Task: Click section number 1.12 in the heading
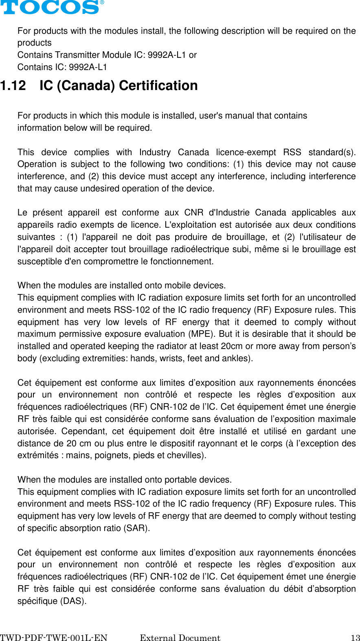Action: point(13,86)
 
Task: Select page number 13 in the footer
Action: point(355,638)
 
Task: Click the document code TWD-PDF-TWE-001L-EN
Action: point(54,638)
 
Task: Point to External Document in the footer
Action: point(180,638)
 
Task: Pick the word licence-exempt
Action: point(246,152)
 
